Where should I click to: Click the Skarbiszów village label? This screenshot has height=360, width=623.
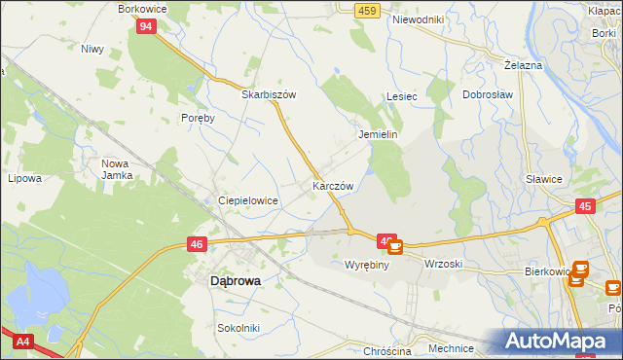tap(269, 95)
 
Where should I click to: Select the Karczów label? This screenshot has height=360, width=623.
tap(332, 185)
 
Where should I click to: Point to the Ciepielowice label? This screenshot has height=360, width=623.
tap(248, 200)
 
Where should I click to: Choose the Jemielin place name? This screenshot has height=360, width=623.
tap(379, 134)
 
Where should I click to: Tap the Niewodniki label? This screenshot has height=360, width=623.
tap(418, 19)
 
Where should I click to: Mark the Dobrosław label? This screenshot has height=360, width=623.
tap(487, 95)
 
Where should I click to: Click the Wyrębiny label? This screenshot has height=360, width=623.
tap(367, 265)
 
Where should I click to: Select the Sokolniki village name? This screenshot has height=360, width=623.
tap(238, 328)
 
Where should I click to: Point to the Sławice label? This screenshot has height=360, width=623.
tap(544, 179)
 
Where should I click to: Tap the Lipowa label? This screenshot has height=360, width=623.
tap(24, 179)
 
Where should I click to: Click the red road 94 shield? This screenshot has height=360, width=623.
tap(145, 27)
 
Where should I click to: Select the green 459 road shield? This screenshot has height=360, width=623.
tap(366, 9)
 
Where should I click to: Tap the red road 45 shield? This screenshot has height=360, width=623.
tap(584, 206)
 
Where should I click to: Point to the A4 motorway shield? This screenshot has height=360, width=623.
tap(21, 341)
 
